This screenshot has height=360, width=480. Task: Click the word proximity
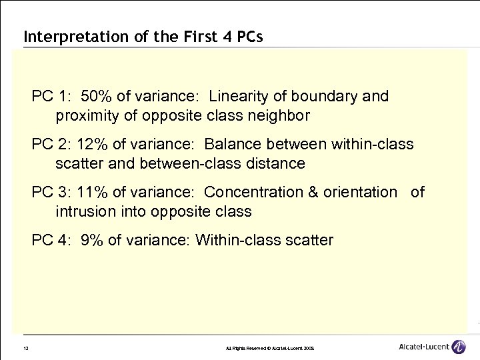pyautogui.click(x=86, y=116)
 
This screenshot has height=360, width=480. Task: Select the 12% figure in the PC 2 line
pyautogui.click(x=92, y=144)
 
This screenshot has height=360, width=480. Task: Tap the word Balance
pyautogui.click(x=231, y=144)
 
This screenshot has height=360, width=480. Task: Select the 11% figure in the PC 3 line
pyautogui.click(x=92, y=192)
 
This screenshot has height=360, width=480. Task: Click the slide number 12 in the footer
pyautogui.click(x=25, y=348)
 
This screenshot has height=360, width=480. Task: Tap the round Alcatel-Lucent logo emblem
pyautogui.click(x=459, y=347)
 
